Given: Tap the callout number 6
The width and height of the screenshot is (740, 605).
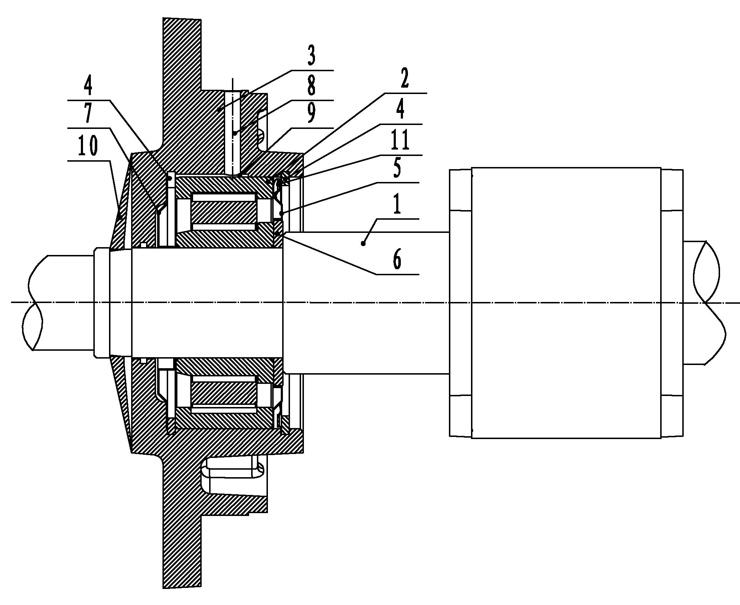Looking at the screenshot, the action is tap(397, 260).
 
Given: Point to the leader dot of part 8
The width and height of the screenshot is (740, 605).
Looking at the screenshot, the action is tap(234, 133).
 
